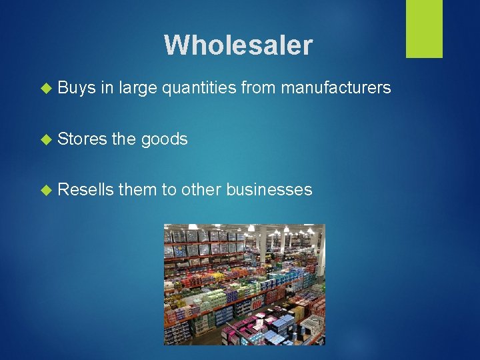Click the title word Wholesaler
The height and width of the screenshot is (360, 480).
click(238, 45)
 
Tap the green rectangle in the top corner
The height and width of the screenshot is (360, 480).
click(424, 29)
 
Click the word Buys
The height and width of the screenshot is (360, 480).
click(77, 89)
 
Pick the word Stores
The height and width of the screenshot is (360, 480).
click(82, 139)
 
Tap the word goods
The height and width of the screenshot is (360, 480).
click(164, 139)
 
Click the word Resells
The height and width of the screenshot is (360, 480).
click(85, 189)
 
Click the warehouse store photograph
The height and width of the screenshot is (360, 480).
click(244, 285)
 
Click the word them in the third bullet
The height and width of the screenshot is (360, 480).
click(137, 189)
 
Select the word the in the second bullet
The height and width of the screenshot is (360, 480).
click(123, 139)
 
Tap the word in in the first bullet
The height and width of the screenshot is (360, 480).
click(107, 88)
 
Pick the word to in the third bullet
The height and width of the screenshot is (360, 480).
click(169, 189)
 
